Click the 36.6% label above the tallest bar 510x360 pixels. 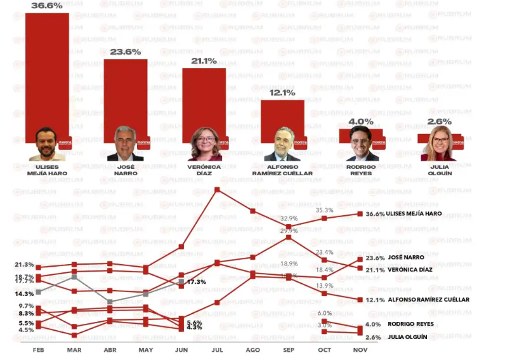tap(47, 6)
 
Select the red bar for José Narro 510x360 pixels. tap(126, 95)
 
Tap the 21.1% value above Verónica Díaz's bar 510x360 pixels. tap(204, 61)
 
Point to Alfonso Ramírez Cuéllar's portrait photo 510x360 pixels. tap(282, 145)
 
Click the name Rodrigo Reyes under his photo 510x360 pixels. tap(361, 170)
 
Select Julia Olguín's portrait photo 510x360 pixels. tap(440, 144)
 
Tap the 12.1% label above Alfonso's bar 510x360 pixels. tap(282, 93)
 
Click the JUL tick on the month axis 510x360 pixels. tap(217, 350)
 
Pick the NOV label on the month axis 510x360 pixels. tap(360, 350)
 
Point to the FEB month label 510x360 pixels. tap(38, 350)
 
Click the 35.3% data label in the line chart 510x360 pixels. tap(325, 210)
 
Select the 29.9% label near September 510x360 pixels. tap(289, 231)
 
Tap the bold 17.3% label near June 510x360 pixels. tap(197, 281)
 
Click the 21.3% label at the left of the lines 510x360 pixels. tap(24, 265)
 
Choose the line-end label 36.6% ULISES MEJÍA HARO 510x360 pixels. tap(404, 214)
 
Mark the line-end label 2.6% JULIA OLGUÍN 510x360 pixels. tap(400, 337)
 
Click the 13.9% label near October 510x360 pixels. tap(325, 286)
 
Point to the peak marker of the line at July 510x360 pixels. tap(217, 189)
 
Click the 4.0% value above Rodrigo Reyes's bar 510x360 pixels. tap(361, 121)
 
